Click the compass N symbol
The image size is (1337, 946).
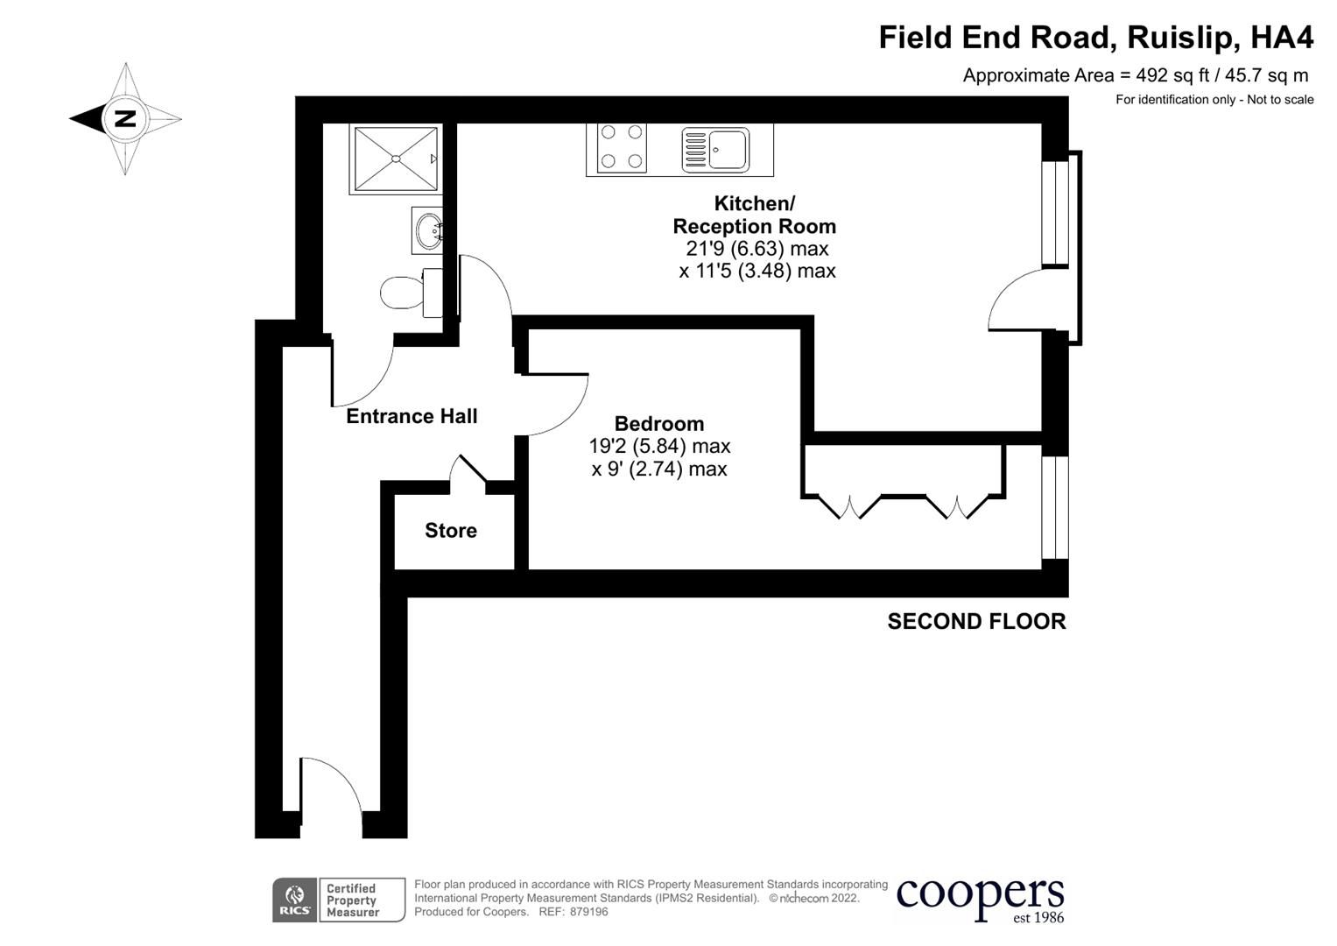coord(125,118)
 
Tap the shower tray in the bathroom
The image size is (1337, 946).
coord(395,159)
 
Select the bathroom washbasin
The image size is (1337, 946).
coord(427,231)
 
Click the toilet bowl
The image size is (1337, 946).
coord(403,293)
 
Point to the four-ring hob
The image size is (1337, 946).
coord(621,147)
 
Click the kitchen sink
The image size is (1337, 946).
coord(716,150)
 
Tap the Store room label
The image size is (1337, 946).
coord(451,530)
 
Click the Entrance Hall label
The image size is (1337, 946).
coord(412,416)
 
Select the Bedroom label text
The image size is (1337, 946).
coord(659,424)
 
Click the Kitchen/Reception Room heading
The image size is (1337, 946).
coord(754,215)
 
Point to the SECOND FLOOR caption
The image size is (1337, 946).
coord(976,621)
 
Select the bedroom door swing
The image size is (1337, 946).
coord(555,404)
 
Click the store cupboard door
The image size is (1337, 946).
coord(468,469)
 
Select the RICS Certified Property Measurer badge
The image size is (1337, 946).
coord(339,900)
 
